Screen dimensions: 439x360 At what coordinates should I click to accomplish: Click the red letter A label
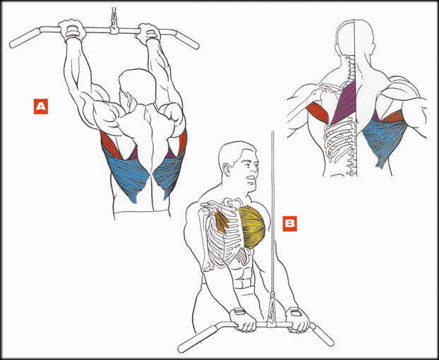pos(41,107)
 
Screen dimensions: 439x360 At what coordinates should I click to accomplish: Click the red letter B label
pos(290,224)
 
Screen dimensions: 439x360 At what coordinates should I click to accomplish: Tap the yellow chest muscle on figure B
pos(253,227)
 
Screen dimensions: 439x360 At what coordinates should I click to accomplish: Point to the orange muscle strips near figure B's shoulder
pos(222,222)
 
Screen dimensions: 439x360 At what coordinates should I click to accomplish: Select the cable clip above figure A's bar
pos(114,20)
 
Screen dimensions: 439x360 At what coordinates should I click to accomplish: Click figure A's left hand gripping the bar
pos(72,30)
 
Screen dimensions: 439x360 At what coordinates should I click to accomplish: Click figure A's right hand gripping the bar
pos(148,33)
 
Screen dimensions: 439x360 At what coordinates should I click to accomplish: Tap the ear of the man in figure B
pos(227,169)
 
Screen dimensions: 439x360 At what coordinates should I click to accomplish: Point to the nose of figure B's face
pos(255,169)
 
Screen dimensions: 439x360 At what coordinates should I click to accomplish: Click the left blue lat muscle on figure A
pos(126,174)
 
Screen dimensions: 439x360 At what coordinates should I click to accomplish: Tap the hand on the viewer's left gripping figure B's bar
pos(243,320)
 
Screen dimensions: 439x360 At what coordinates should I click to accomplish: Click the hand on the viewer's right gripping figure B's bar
pos(297,320)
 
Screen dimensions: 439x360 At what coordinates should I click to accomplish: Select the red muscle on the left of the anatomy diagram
pos(318,112)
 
